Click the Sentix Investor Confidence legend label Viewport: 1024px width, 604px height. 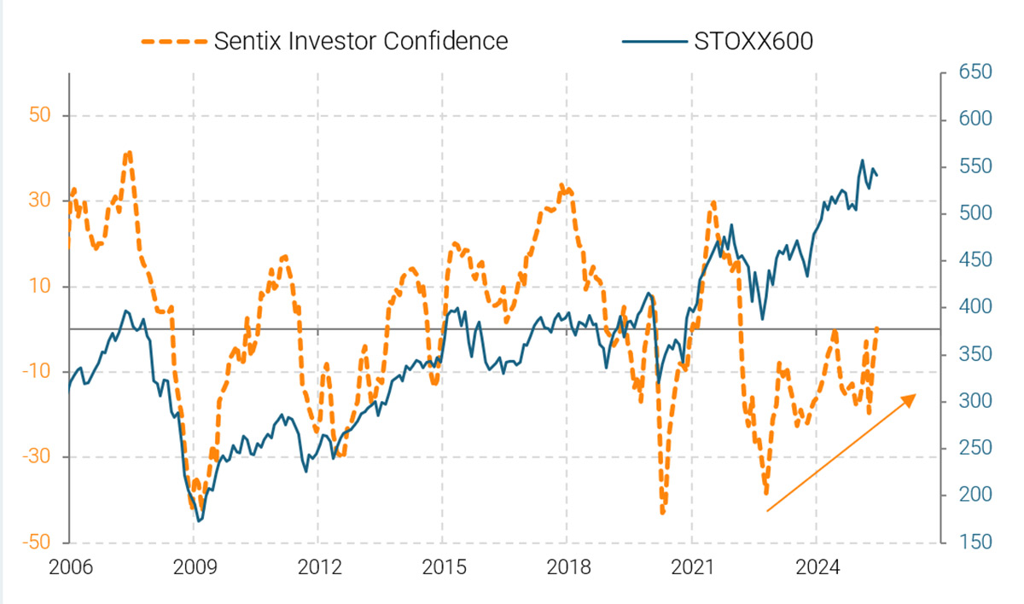pos(361,40)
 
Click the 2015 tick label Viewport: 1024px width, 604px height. pos(442,567)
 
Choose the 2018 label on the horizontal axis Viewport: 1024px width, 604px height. pos(567,567)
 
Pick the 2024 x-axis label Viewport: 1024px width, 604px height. pos(816,567)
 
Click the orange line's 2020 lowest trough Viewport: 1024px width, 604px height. pos(663,513)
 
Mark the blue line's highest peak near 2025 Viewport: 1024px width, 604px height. pos(863,160)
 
